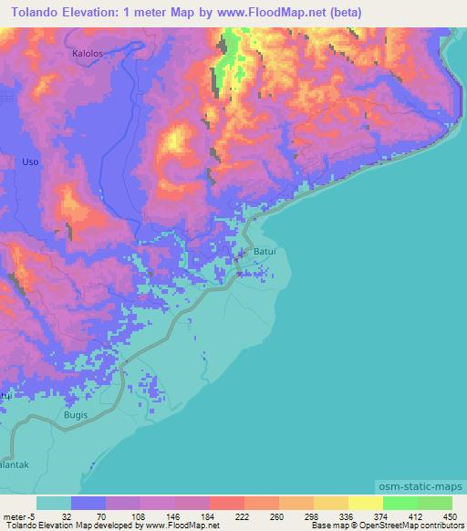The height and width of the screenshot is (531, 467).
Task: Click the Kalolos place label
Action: [x=88, y=54]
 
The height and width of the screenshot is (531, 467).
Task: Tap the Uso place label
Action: [x=30, y=161]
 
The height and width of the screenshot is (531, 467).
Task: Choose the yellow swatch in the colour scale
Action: [x=365, y=503]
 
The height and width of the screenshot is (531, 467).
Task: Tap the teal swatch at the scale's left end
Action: [x=54, y=503]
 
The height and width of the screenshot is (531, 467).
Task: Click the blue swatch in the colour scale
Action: [x=88, y=503]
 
